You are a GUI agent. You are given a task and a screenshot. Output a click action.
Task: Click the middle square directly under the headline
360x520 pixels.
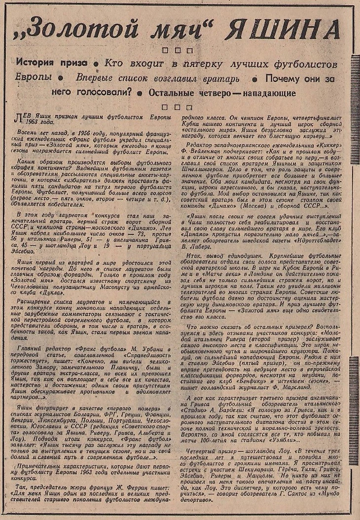click(x=176, y=49)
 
